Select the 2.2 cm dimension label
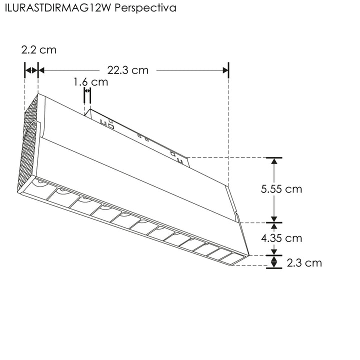[x=38, y=50]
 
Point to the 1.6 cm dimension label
[x=90, y=82]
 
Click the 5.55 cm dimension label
[x=281, y=189]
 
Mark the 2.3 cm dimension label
[x=304, y=262]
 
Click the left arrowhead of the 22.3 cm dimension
[x=42, y=70]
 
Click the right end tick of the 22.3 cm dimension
[x=228, y=70]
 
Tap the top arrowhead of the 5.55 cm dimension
[x=273, y=161]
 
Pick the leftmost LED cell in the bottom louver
[x=40, y=188]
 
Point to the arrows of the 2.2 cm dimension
[x=31, y=70]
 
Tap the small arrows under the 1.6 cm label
[x=87, y=91]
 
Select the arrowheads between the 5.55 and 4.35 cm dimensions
[x=273, y=222]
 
